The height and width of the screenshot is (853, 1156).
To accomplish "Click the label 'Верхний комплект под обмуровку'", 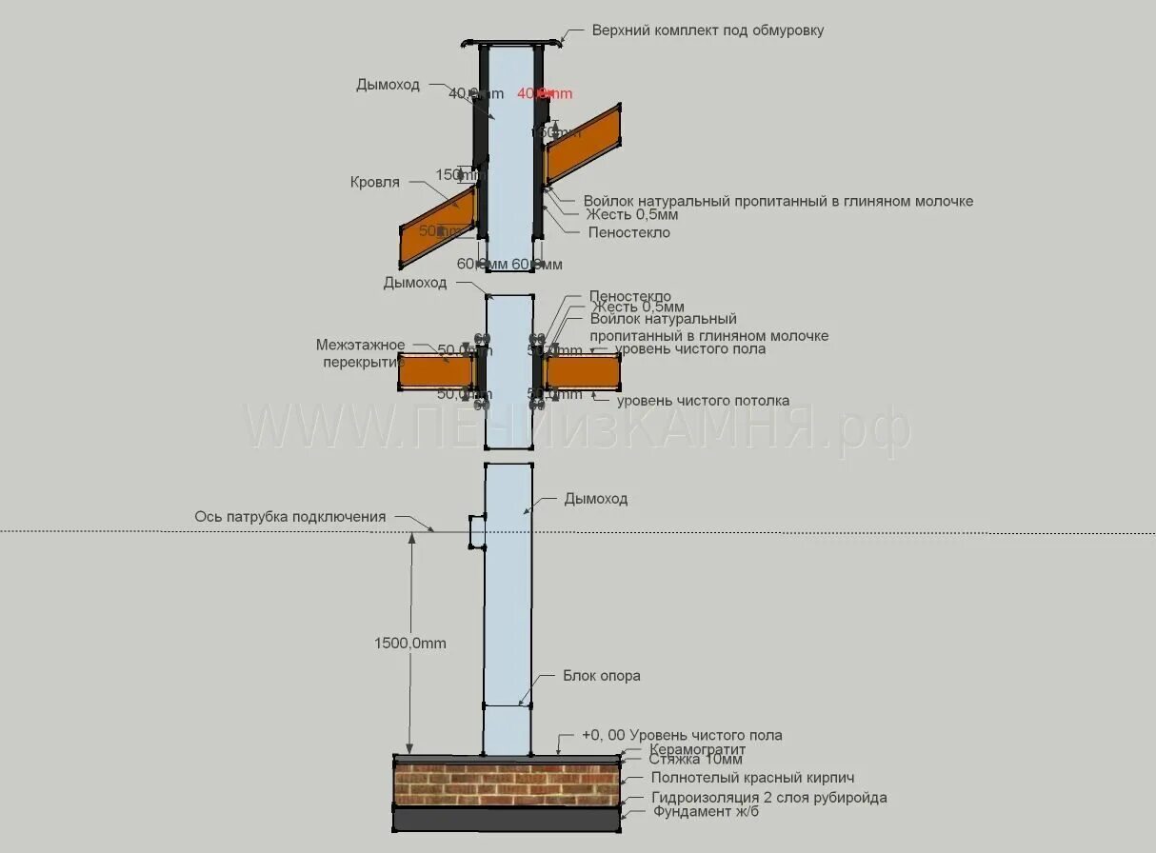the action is pyautogui.click(x=708, y=30).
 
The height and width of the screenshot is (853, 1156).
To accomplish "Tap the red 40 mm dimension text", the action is pyautogui.click(x=545, y=93).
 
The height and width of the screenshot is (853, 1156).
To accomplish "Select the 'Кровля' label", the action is pyautogui.click(x=375, y=182).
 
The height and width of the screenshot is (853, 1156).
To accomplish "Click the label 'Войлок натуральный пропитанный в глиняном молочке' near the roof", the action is pyautogui.click(x=778, y=202).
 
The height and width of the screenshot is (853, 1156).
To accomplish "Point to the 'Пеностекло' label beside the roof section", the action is pyautogui.click(x=628, y=232).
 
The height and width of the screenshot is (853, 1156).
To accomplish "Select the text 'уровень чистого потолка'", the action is pyautogui.click(x=703, y=401).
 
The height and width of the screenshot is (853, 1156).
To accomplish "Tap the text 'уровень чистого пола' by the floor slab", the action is pyautogui.click(x=690, y=349).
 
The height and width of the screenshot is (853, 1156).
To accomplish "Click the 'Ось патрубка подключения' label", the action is pyautogui.click(x=290, y=517).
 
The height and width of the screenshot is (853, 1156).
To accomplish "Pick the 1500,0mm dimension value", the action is pyautogui.click(x=409, y=644).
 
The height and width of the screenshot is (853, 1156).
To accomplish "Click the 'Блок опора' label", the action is pyautogui.click(x=601, y=676).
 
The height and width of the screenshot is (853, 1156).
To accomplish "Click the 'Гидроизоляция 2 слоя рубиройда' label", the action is pyautogui.click(x=769, y=798).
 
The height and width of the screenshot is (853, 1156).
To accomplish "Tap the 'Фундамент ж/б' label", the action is pyautogui.click(x=706, y=812).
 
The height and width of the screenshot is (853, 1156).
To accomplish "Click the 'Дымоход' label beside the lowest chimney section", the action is pyautogui.click(x=596, y=499).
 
